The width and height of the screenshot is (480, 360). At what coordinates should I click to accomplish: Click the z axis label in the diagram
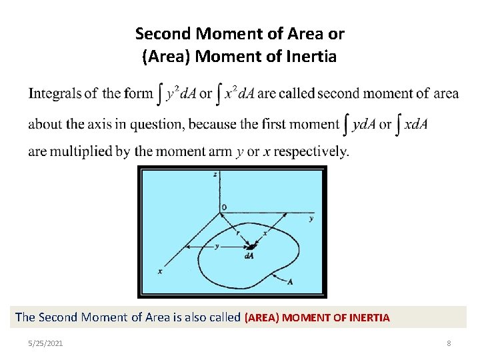coord(215,174)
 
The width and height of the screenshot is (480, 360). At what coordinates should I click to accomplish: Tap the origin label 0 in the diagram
coord(224,207)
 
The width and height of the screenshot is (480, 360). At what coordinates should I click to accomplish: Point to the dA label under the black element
coord(249,256)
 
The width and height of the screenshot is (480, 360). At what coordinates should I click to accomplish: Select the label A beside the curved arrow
coord(290,282)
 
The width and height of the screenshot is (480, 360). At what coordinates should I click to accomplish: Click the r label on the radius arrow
coord(238,233)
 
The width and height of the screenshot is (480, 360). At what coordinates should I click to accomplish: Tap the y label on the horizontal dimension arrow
coord(216,246)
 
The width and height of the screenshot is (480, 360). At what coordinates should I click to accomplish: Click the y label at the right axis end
coord(311,218)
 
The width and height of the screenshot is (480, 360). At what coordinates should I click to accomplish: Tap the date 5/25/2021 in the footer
coord(46,343)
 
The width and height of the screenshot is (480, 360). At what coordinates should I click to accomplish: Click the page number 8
coord(449,343)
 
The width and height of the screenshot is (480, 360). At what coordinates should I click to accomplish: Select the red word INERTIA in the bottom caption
coord(367,318)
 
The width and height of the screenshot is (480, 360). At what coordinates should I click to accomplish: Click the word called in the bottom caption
coord(223,317)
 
